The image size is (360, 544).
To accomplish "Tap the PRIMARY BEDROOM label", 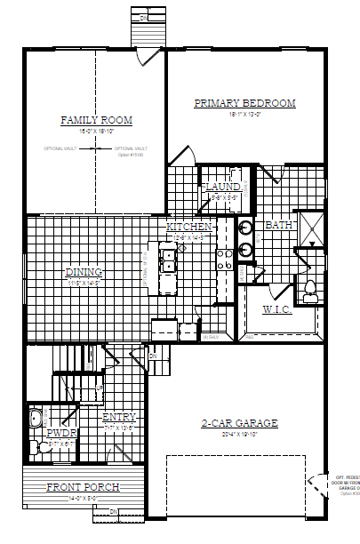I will pyautogui.click(x=244, y=103).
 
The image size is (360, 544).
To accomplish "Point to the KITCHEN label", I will pyautogui.click(x=188, y=228).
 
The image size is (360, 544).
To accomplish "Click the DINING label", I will pyautogui.click(x=84, y=272).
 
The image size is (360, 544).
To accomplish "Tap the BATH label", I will pyautogui.click(x=279, y=225).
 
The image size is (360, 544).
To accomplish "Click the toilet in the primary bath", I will pyautogui.click(x=309, y=287).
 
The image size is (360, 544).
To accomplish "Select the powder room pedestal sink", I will pyautogui.click(x=35, y=417).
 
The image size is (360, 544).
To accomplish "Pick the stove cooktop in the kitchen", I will pyautogui.click(x=225, y=257).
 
